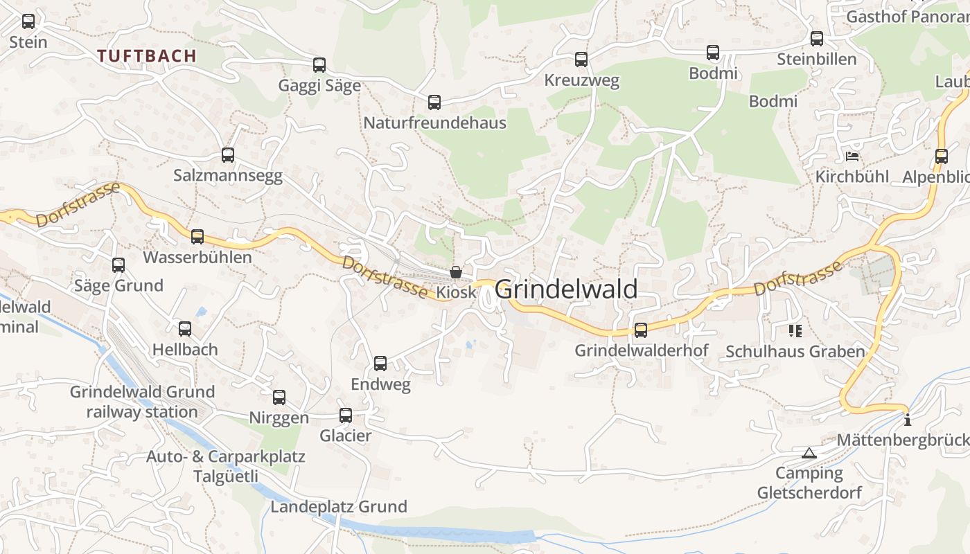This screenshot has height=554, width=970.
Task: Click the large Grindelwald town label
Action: [567, 289]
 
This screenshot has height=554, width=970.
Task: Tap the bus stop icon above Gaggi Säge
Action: [319, 65]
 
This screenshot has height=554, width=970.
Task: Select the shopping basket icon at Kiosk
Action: [456, 272]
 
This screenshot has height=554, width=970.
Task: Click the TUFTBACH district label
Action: [147, 56]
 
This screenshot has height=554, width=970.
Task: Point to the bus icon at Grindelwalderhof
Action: [641, 330]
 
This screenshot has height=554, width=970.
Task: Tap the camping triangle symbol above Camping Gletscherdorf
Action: [809, 454]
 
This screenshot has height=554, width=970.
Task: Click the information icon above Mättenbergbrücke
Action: [908, 419]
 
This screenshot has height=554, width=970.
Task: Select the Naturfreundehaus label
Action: [435, 123]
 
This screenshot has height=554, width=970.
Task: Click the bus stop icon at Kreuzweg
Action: [581, 60]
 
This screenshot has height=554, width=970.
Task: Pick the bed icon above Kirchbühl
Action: [852, 156]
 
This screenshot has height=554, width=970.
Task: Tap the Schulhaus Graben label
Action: [795, 352]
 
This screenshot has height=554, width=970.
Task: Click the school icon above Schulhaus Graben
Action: [795, 331]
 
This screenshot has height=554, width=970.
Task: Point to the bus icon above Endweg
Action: [380, 364]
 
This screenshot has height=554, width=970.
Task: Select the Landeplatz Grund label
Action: [339, 507]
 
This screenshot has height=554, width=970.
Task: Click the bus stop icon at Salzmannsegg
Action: [228, 155]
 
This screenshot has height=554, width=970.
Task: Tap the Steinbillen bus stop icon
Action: [817, 39]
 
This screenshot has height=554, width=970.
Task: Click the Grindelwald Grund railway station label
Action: [142, 402]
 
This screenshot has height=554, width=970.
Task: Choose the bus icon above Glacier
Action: [346, 415]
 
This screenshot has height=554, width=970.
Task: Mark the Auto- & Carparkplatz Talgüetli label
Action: [226, 467]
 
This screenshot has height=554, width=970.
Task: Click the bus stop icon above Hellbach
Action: [185, 329]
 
